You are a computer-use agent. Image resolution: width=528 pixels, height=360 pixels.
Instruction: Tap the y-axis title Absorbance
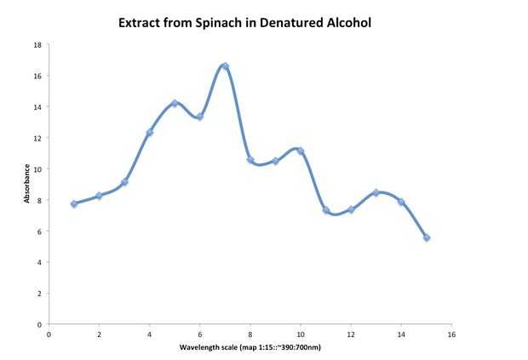point(27,184)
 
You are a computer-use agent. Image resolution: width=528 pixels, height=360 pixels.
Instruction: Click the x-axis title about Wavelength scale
point(250,348)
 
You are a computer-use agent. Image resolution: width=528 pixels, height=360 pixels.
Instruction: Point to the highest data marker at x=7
point(225,66)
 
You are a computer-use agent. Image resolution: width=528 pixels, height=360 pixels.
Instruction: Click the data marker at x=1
point(74,203)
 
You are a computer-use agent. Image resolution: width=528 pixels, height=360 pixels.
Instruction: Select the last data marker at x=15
point(427,237)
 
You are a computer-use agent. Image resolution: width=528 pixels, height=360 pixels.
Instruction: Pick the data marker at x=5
point(175,103)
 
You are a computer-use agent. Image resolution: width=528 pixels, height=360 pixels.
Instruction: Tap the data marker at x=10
point(301,151)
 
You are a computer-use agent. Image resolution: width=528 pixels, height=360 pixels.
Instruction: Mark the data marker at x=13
point(376,192)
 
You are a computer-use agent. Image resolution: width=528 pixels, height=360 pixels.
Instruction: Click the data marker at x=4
point(150,132)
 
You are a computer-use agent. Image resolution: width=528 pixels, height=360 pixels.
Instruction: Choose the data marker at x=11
point(326,209)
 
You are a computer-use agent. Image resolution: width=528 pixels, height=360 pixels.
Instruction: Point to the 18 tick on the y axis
point(37,44)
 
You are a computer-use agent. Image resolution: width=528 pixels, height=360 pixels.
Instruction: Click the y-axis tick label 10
point(37,169)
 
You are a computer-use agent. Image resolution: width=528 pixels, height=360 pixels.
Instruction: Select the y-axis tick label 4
point(39,262)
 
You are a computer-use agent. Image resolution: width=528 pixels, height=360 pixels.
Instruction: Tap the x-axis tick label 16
point(451,334)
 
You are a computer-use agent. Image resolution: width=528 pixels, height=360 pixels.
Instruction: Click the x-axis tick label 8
point(250,334)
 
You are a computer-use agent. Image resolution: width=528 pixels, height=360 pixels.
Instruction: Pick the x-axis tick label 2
point(100,334)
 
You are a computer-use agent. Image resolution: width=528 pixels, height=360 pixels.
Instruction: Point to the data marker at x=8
point(250,159)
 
